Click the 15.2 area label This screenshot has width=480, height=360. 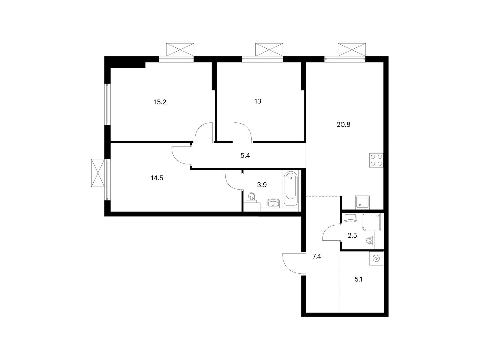[x=160, y=102]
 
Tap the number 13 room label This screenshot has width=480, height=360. [x=258, y=101]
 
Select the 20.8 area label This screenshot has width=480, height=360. [x=343, y=124]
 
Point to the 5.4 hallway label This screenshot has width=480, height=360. [x=245, y=156]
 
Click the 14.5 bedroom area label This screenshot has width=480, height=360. [x=157, y=178]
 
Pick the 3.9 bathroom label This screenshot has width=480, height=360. [x=262, y=185]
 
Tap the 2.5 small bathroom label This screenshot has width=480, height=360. [x=352, y=235]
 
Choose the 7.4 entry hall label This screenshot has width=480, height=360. [x=316, y=256]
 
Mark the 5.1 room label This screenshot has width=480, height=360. [x=358, y=279]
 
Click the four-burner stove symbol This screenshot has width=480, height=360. [x=376, y=160]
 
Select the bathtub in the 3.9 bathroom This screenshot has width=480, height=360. [x=290, y=188]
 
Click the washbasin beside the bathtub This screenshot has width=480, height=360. [x=273, y=203]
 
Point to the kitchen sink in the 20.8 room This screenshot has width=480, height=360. [x=363, y=202]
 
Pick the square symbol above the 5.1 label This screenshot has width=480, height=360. [x=376, y=259]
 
